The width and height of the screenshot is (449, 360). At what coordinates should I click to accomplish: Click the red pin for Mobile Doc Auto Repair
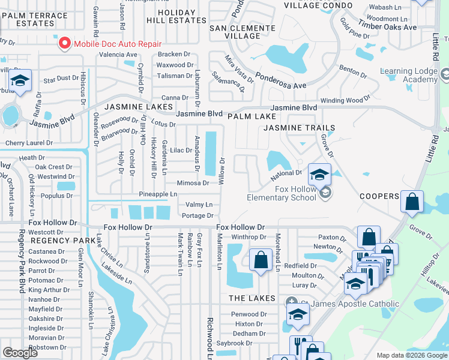click(x=64, y=43)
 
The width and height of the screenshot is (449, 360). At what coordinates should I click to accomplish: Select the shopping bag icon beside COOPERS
click(x=412, y=203)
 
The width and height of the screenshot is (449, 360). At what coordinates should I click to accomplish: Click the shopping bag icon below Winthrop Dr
click(x=261, y=260)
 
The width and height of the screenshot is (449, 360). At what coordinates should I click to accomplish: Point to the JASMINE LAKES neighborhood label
click(x=134, y=107)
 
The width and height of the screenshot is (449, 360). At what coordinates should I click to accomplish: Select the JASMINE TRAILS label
click(x=294, y=128)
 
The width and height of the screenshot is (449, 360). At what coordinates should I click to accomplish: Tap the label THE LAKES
click(x=251, y=298)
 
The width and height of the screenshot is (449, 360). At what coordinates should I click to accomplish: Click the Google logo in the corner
click(x=20, y=353)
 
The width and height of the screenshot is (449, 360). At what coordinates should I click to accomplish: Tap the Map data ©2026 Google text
click(x=412, y=355)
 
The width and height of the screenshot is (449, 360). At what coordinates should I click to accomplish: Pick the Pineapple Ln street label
click(x=158, y=194)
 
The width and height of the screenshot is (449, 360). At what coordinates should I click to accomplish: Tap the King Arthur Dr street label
click(x=49, y=290)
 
